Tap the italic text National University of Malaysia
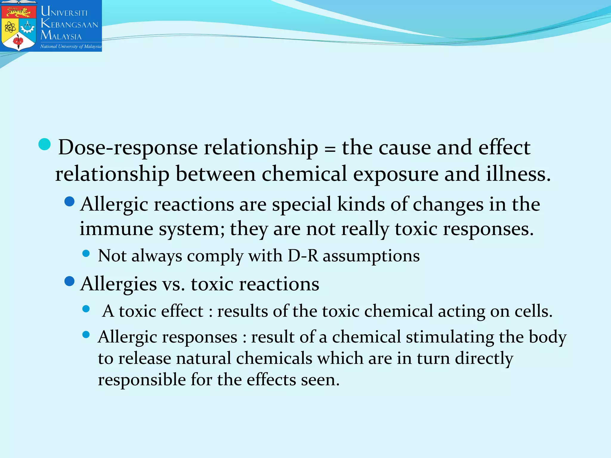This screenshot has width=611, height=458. [x=71, y=47]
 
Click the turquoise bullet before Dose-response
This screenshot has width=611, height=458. [x=45, y=145]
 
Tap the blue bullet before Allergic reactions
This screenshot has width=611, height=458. [x=70, y=202]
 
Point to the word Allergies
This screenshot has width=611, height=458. [x=118, y=284]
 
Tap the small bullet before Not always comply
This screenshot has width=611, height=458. [x=86, y=253]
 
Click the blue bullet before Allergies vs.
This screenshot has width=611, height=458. [x=70, y=281]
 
